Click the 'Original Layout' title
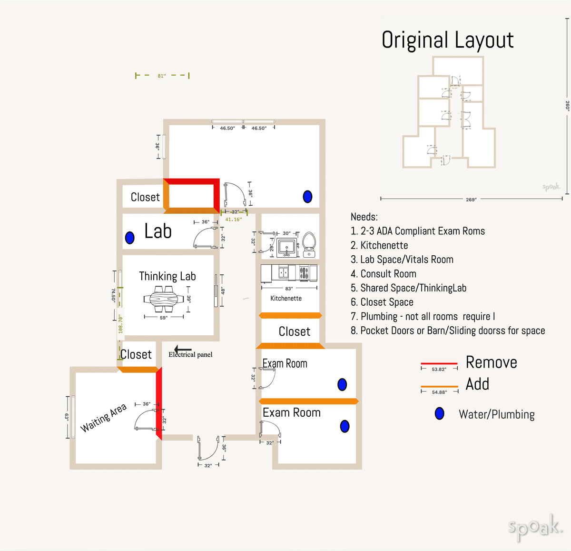coord(447,40)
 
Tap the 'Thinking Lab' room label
coord(167,276)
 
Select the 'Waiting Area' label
coord(103,418)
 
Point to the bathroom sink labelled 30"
coord(286,247)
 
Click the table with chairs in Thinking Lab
coord(164,299)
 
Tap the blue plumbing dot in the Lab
coord(129,238)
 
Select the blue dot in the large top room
coord(307,196)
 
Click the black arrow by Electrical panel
coord(183,349)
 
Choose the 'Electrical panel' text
coord(190,355)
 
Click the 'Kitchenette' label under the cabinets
coord(286,299)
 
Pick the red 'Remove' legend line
coord(439,363)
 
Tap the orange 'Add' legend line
coord(439,387)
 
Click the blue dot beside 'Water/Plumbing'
coord(440,414)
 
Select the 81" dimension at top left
coord(162,76)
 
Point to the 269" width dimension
coord(471,199)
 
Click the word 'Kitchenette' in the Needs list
coord(384,245)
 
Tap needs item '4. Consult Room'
coord(384,274)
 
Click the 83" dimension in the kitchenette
coord(289,289)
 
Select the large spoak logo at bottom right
coord(535,528)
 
